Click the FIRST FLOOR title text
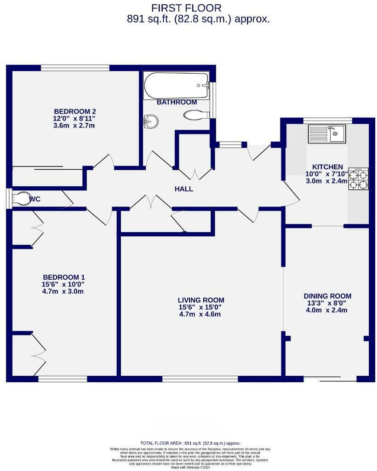coord(187,7)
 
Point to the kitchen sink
coord(331,134)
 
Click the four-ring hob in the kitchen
coord(359,179)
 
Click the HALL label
coord(184,189)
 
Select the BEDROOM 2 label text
coord(75,111)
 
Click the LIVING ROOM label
coord(201,300)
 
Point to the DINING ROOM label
coord(327,296)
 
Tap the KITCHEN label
coord(327,167)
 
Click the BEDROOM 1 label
coord(63,277)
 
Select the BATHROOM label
coord(177,102)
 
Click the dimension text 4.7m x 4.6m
coord(201,314)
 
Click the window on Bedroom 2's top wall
coord(75,68)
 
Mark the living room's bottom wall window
coord(200,379)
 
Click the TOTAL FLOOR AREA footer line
coord(190,443)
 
